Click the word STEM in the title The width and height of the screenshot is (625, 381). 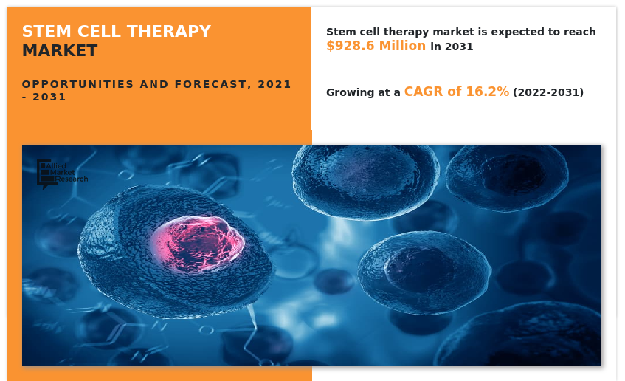[x=43, y=32]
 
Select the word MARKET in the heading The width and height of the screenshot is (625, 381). [x=59, y=51]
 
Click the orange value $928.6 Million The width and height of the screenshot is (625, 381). [x=376, y=46]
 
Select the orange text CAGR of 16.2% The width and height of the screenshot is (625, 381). [x=456, y=92]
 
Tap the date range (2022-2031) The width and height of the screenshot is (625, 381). [x=548, y=92]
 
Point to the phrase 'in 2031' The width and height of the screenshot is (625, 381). [x=452, y=47]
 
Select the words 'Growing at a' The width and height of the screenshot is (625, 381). [x=363, y=92]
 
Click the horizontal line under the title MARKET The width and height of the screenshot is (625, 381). [x=159, y=72]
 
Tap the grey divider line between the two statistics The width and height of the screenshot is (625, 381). [x=463, y=72]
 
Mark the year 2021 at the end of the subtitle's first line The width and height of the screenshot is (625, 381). [x=274, y=84]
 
